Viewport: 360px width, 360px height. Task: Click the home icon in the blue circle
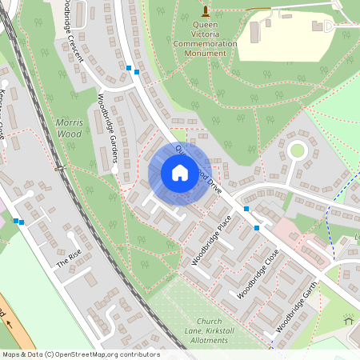coord(180,172)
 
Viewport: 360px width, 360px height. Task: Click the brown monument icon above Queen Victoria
coord(206,10)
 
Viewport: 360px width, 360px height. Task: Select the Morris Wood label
coord(69,128)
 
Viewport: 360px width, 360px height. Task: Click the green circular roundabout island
coord(297,150)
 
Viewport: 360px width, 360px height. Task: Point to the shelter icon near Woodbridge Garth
coord(349,319)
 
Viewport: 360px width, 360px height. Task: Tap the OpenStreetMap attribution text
coord(80,354)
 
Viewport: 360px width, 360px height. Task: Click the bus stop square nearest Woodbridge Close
coord(257,228)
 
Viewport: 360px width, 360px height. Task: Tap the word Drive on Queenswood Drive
coord(213,183)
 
